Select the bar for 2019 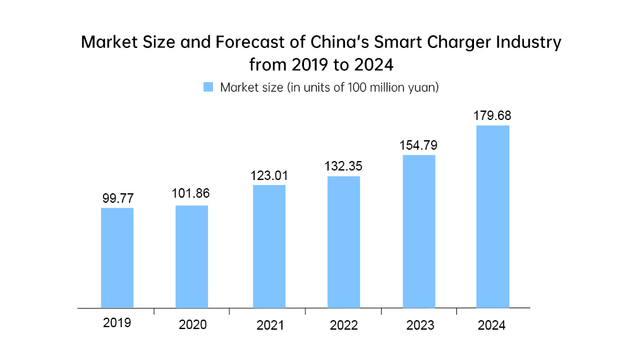pyautogui.click(x=117, y=258)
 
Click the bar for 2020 pyautogui.click(x=191, y=256)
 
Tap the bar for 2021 pyautogui.click(x=269, y=246)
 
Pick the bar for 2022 pyautogui.click(x=343, y=242)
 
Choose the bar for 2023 pyautogui.click(x=419, y=231)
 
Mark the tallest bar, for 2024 pyautogui.click(x=492, y=217)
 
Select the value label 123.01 pyautogui.click(x=269, y=174)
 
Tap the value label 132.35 pyautogui.click(x=343, y=167)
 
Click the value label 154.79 pyautogui.click(x=418, y=145)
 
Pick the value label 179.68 pyautogui.click(x=492, y=116)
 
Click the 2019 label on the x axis pyautogui.click(x=117, y=323)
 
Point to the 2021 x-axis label pyautogui.click(x=270, y=326)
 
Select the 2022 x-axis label pyautogui.click(x=344, y=326)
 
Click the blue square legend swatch pyautogui.click(x=208, y=87)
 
